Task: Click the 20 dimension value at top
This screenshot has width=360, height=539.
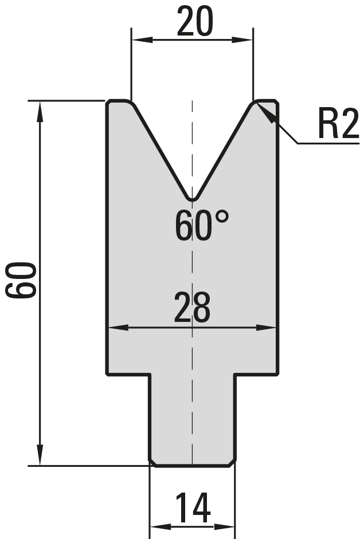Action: pyautogui.click(x=195, y=21)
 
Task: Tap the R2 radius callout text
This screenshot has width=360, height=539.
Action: pyautogui.click(x=339, y=123)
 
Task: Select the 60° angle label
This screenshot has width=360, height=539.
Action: pyautogui.click(x=202, y=226)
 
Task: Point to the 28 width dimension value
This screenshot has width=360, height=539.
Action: pyautogui.click(x=192, y=307)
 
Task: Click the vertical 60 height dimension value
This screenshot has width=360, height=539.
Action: pyautogui.click(x=21, y=280)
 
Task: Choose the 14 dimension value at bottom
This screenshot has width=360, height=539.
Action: pyautogui.click(x=193, y=507)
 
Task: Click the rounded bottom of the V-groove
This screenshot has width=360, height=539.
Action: pyautogui.click(x=193, y=199)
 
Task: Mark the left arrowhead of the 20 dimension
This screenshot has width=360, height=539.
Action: pyautogui.click(x=142, y=40)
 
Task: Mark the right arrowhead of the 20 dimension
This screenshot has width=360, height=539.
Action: pyautogui.click(x=242, y=40)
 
